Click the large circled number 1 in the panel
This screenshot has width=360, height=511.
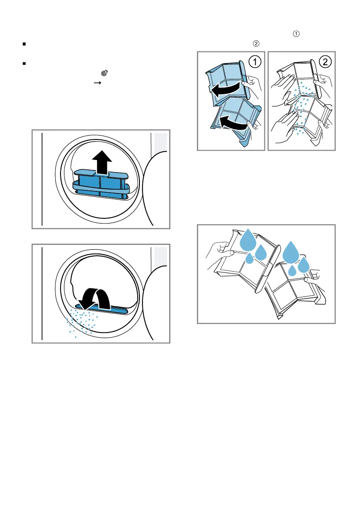pos(255,62)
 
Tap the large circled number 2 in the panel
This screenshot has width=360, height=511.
pos(325,62)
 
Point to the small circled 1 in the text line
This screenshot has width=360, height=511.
pos(296,33)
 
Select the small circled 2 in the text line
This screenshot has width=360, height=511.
pos(256,43)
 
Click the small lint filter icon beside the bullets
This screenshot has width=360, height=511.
pos(104,73)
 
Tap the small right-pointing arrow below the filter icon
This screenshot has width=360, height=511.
pos(97,83)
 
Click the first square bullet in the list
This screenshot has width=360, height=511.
pos(24,44)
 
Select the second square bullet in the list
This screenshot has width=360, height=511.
pos(24,63)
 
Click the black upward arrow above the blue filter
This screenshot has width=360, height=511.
pos(102,162)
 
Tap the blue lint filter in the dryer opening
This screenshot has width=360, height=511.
pos(101,184)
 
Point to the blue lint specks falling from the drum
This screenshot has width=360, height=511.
pos(82,322)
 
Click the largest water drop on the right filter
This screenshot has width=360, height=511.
pos(291,252)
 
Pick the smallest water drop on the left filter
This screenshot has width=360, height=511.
pos(249,258)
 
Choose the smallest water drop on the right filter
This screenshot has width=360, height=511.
pos(292,270)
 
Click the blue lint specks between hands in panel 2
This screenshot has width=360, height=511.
pos(302,108)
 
